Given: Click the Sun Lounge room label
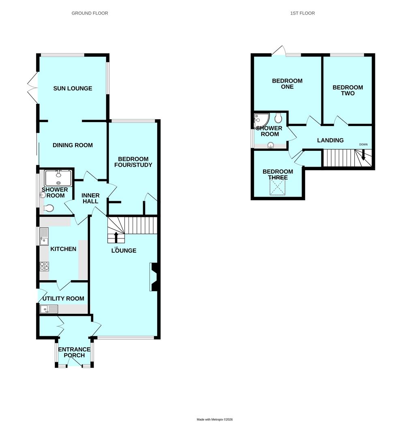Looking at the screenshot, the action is click(73, 88).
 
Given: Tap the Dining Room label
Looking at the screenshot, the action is click(73, 145).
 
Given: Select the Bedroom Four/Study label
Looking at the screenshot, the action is click(133, 162).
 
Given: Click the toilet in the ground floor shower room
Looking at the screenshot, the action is click(49, 208).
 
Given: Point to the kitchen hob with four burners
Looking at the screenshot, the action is click(44, 266).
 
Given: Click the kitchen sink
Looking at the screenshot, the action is click(44, 236).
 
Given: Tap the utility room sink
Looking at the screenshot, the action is click(49, 309).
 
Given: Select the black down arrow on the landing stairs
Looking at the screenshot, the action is click(363, 155).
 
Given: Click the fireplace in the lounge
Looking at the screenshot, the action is click(155, 277).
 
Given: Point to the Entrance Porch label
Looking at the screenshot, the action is click(74, 352).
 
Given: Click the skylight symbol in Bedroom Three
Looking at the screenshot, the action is click(277, 187).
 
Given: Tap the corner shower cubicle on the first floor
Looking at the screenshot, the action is click(261, 120).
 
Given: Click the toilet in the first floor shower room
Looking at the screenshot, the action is click(278, 118).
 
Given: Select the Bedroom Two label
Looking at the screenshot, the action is click(348, 90).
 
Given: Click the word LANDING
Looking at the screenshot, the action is click(330, 140).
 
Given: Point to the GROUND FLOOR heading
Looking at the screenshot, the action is click(90, 13).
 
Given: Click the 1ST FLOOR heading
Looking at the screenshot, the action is click(302, 13).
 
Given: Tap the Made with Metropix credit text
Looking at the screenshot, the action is click(214, 419).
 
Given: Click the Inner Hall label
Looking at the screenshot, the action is click(90, 198).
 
